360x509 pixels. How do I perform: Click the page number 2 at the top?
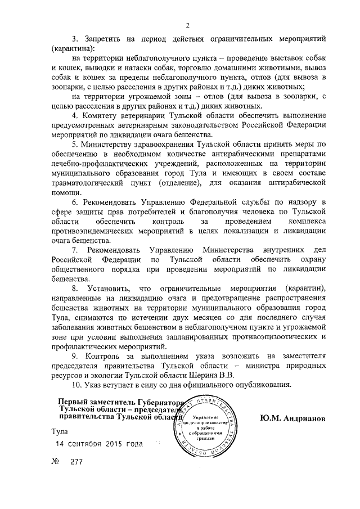coord(187,25)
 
